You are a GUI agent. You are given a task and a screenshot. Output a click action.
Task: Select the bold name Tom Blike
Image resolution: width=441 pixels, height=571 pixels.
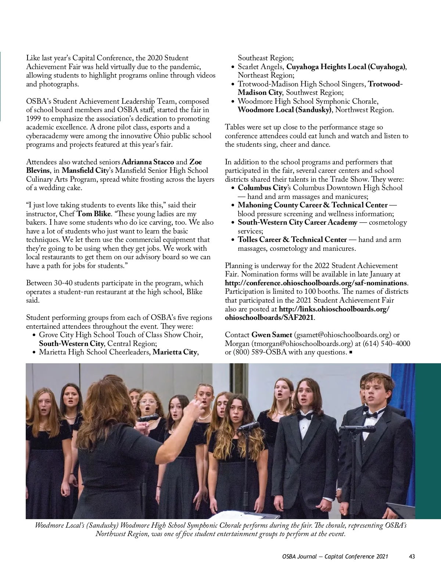(x=91, y=214)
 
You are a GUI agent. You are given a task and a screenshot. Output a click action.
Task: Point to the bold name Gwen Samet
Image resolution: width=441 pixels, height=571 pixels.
(x=272, y=335)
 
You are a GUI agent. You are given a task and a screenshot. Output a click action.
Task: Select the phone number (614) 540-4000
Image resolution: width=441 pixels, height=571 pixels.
(x=386, y=344)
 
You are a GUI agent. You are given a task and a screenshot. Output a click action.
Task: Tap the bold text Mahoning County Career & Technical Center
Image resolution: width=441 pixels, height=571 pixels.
(x=312, y=205)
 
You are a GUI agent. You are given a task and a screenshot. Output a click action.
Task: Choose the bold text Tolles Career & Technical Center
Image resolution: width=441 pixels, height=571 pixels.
(x=292, y=240)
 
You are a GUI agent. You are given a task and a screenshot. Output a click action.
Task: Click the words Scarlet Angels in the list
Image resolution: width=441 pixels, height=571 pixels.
(x=261, y=67)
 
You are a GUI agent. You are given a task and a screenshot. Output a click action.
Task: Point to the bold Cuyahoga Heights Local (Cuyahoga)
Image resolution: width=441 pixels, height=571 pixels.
(x=346, y=67)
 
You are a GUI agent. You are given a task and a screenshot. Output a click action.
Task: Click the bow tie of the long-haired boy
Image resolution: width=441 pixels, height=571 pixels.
(x=305, y=417)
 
